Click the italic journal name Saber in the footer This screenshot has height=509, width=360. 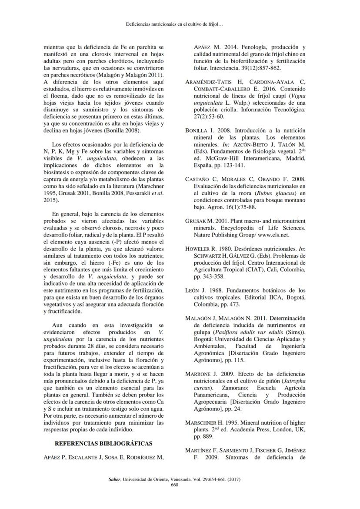click(x=114, y=479)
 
